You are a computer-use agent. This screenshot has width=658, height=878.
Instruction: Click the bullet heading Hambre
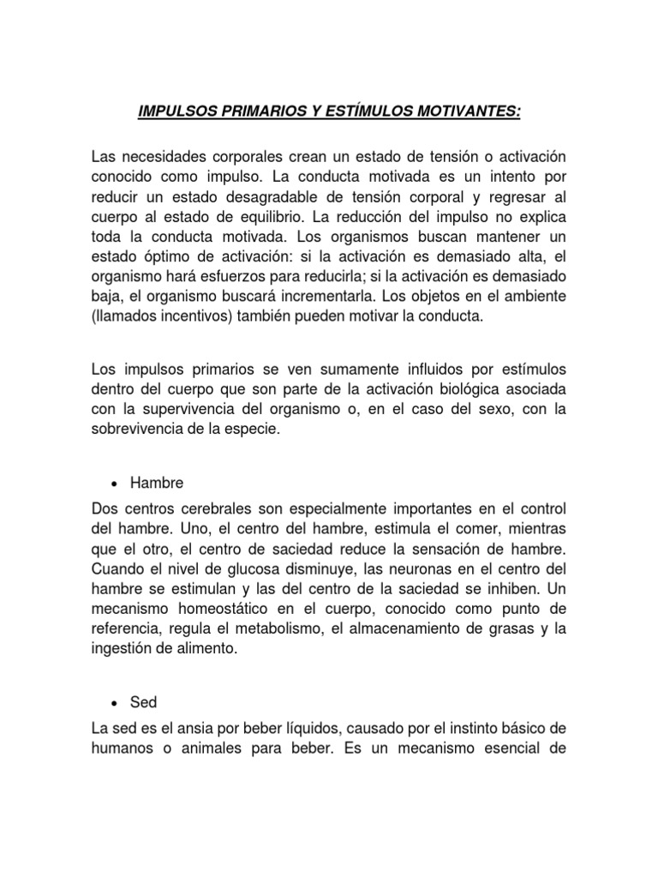click(159, 484)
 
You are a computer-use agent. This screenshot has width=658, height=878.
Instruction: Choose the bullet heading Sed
click(144, 701)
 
